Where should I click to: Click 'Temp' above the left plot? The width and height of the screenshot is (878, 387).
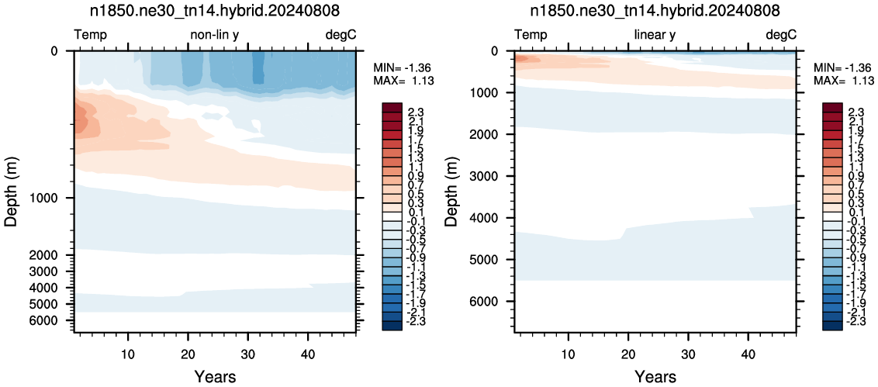click(91, 36)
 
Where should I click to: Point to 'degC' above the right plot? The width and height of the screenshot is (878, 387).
click(780, 36)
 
